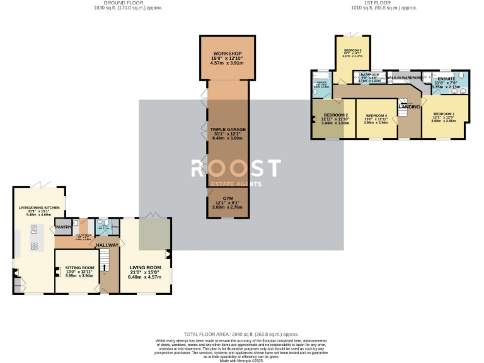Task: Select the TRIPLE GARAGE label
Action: click(x=228, y=129)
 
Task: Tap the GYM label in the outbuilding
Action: click(x=228, y=198)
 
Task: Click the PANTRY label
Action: click(x=63, y=227)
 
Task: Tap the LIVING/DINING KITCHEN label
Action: click(x=39, y=207)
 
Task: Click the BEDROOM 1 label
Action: click(x=444, y=113)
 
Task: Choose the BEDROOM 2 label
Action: click(x=336, y=115)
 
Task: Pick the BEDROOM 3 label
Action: click(x=352, y=50)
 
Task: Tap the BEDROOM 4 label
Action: click(x=377, y=115)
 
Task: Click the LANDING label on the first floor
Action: click(x=409, y=107)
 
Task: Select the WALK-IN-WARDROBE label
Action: click(x=404, y=77)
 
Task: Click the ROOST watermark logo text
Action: click(x=235, y=168)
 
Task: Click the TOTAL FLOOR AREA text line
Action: click(x=241, y=333)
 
